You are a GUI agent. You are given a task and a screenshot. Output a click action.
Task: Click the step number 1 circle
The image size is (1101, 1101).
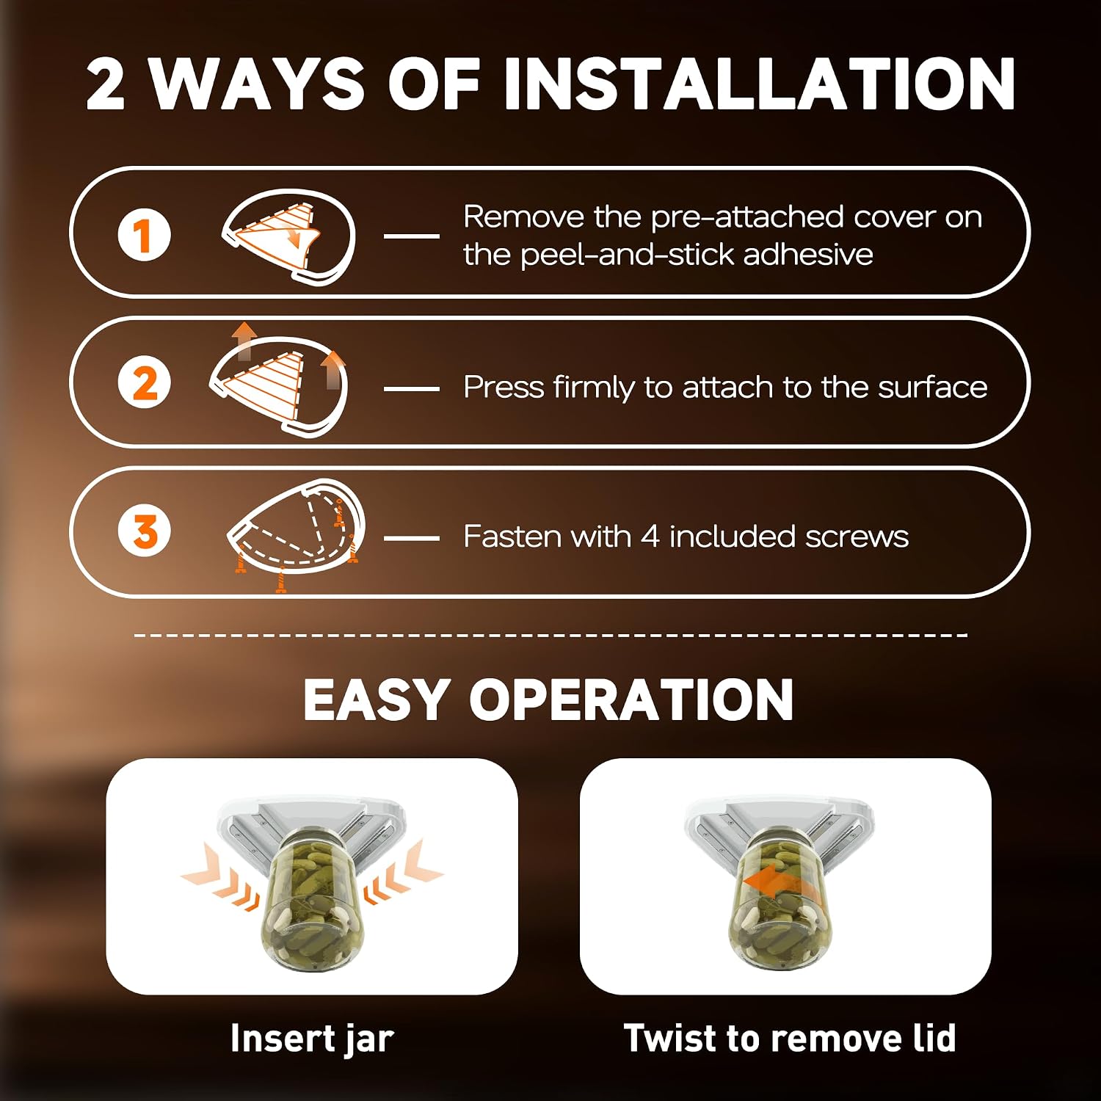(x=144, y=235)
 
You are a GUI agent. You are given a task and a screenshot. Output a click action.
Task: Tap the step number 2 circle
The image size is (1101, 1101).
(x=144, y=383)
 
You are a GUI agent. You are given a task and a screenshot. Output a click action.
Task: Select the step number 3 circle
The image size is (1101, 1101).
(x=144, y=531)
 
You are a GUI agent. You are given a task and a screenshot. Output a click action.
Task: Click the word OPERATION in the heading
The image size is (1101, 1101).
(x=631, y=699)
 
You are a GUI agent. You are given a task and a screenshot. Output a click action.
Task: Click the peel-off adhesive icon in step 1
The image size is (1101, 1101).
(x=288, y=236)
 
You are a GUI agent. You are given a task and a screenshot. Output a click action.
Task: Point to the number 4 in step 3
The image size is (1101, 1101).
(x=650, y=537)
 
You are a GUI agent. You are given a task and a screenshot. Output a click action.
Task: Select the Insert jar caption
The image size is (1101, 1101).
(x=312, y=1039)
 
